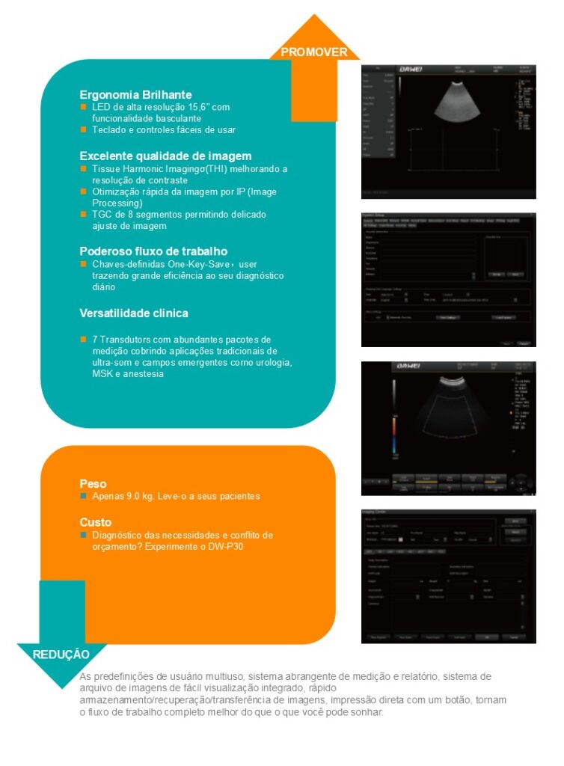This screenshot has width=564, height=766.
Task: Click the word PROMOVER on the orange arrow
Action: pyautogui.click(x=314, y=52)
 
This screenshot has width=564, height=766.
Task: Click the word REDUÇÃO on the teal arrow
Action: pyautogui.click(x=61, y=654)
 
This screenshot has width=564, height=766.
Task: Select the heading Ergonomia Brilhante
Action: pyautogui.click(x=135, y=95)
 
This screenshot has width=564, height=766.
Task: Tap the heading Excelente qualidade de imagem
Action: pyautogui.click(x=165, y=156)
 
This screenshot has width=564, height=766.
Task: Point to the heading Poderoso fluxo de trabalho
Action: pyautogui.click(x=153, y=251)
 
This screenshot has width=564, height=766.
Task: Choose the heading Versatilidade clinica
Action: pyautogui.click(x=134, y=313)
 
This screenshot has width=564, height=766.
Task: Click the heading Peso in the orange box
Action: pyautogui.click(x=93, y=484)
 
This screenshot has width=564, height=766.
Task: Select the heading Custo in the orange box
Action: pyautogui.click(x=96, y=522)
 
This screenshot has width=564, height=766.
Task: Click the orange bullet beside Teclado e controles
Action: pyautogui.click(x=84, y=129)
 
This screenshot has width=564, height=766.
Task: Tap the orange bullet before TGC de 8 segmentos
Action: pyautogui.click(x=84, y=214)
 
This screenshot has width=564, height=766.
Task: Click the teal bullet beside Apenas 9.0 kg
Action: pyautogui.click(x=84, y=496)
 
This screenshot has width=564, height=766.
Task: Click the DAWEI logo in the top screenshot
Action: pyautogui.click(x=412, y=70)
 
